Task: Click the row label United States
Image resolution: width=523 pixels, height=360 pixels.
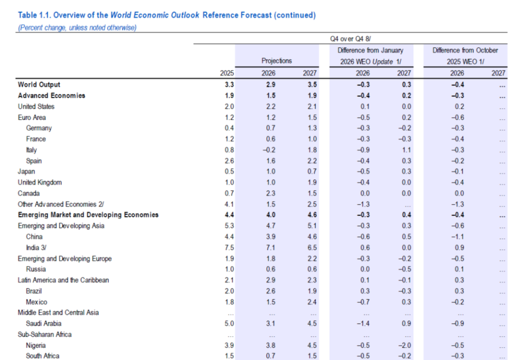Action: point(36,106)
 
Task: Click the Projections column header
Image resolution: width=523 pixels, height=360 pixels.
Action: point(277,61)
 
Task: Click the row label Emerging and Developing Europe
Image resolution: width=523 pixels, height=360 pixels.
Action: point(65,259)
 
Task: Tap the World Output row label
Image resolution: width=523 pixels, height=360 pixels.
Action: point(39,84)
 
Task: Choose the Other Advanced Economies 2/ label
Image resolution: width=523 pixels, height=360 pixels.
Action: point(61,204)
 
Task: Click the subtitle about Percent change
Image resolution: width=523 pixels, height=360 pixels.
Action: point(77,27)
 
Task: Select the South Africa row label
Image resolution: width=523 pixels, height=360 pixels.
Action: point(43,356)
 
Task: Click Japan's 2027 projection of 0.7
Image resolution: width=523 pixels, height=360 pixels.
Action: point(310,171)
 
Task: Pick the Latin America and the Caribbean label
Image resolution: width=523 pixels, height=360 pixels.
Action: point(63,280)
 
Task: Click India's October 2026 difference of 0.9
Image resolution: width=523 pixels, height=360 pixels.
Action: point(458,248)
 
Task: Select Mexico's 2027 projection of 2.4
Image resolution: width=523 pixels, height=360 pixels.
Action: point(310,302)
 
